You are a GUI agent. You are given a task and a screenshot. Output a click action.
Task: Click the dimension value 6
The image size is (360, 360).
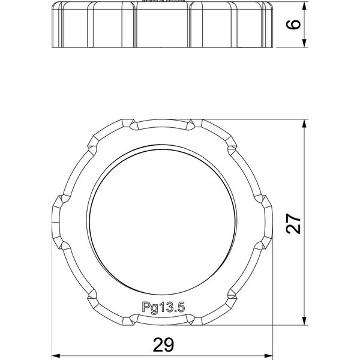point(293,25)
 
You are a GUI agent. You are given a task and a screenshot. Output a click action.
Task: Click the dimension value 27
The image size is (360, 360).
point(293,224)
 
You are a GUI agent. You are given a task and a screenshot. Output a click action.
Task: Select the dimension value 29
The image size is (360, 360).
point(163,344)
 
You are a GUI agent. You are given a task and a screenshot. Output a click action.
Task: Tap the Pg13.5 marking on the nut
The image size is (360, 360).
point(163,307)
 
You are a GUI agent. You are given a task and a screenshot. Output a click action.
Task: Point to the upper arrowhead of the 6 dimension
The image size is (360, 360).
point(304,6)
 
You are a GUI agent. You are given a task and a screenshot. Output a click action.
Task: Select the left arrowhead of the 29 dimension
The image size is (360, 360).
point(56,356)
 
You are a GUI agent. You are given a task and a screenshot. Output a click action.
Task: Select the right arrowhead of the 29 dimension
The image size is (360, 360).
point(269,356)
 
